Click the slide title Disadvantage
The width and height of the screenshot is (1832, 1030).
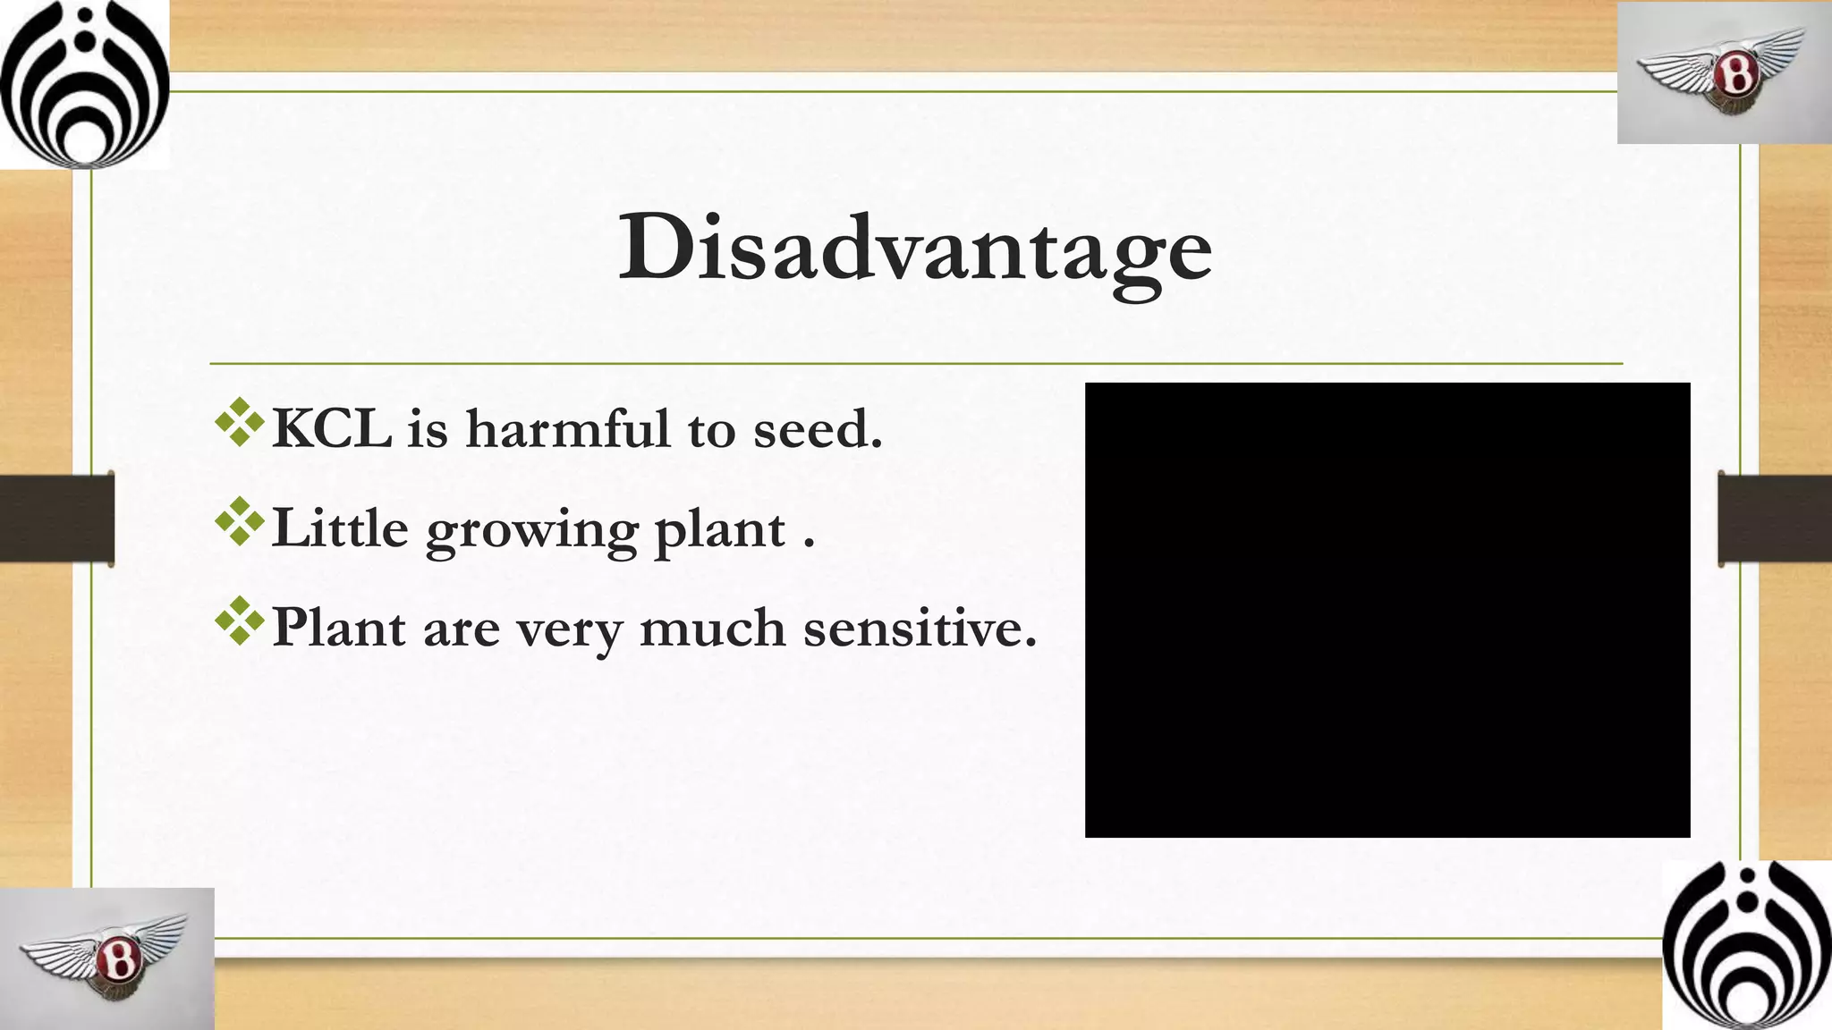(914, 249)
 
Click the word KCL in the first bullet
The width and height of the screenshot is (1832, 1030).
(332, 428)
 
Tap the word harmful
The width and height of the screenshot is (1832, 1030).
(568, 428)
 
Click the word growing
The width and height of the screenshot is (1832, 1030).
(531, 531)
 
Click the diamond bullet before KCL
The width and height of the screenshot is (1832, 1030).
(240, 422)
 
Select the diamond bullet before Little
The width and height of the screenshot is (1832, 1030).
(240, 521)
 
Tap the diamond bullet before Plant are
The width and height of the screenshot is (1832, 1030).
(240, 621)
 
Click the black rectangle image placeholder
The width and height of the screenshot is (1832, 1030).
(1387, 610)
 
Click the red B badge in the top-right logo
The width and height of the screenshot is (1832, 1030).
(1736, 74)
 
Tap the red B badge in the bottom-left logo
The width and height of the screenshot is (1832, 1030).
(117, 961)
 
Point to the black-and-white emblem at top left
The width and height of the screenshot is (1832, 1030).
(84, 84)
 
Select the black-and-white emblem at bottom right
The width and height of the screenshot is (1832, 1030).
(1747, 945)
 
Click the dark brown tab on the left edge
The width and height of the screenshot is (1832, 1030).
(56, 519)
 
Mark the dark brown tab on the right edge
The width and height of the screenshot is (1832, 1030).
(1775, 519)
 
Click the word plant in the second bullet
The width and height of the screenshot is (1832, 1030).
(720, 531)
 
